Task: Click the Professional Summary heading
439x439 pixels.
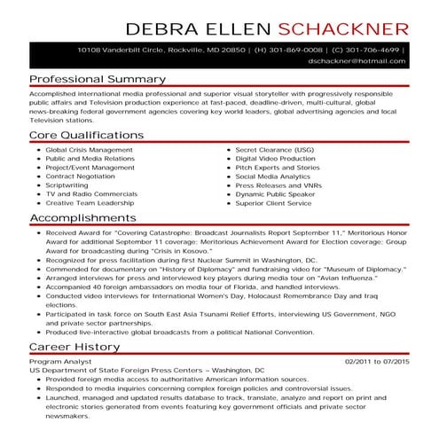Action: [x=97, y=79]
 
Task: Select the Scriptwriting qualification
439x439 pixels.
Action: [x=67, y=184]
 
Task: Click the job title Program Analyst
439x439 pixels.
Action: [x=60, y=361]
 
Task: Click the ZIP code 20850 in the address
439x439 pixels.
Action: [x=208, y=50]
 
